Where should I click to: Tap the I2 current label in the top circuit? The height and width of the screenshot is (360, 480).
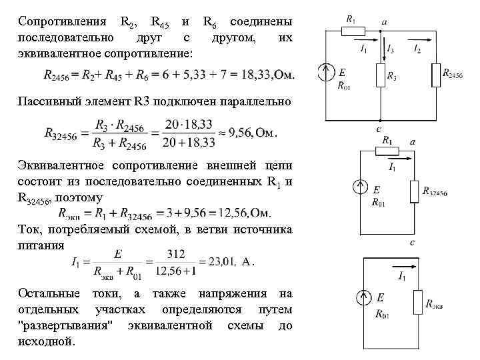coord(417,49)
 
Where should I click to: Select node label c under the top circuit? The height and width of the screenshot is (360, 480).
coord(379,128)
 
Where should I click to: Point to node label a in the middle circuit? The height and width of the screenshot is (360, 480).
coord(413,142)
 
